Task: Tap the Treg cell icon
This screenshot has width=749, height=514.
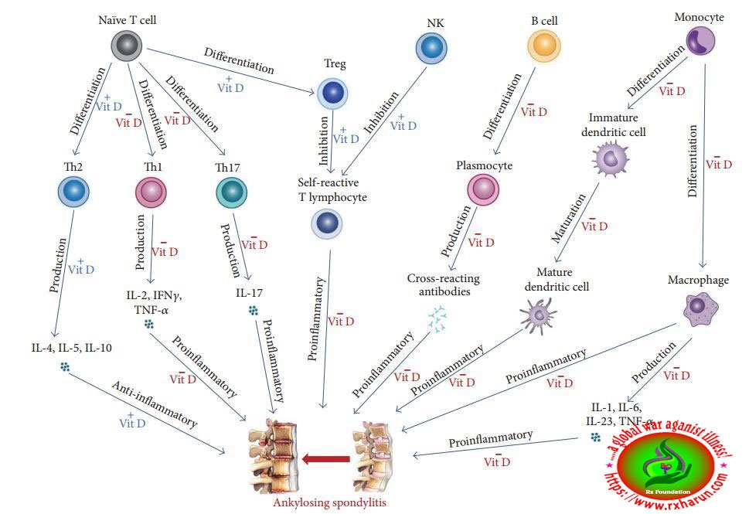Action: pyautogui.click(x=332, y=94)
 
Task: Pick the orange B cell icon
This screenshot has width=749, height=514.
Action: pyautogui.click(x=543, y=47)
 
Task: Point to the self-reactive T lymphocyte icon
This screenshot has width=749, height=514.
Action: pyautogui.click(x=327, y=223)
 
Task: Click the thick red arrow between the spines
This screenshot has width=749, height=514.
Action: pyautogui.click(x=324, y=460)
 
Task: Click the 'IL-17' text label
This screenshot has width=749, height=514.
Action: pyautogui.click(x=250, y=294)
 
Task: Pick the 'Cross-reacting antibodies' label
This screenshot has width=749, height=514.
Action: pyautogui.click(x=445, y=284)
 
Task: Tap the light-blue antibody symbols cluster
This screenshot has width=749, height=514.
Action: pyautogui.click(x=438, y=319)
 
